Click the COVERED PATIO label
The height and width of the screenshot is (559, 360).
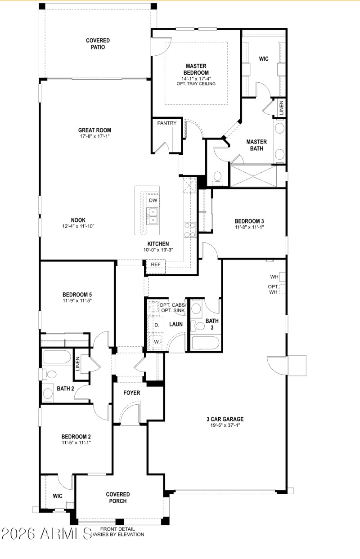coord(98,44)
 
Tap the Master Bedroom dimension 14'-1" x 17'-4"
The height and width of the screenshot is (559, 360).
coord(196,79)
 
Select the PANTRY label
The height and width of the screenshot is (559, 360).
coord(166,123)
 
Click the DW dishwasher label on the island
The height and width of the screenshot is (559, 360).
coord(153,201)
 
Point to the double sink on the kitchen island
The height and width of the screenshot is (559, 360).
coord(153,215)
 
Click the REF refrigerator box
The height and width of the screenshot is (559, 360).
coord(156,265)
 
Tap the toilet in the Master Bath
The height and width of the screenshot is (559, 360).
coord(217,177)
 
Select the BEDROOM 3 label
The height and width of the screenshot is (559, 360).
coord(249,221)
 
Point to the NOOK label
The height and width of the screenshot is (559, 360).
coord(78,220)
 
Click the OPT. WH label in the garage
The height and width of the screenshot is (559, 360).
coord(274,289)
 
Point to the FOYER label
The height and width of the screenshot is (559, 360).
coord(132,393)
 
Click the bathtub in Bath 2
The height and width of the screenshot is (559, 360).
coord(56,358)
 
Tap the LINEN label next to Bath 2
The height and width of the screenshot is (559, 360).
coord(77,362)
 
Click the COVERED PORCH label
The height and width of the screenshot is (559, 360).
coord(118,497)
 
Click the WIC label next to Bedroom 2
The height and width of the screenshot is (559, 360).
coord(58,496)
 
